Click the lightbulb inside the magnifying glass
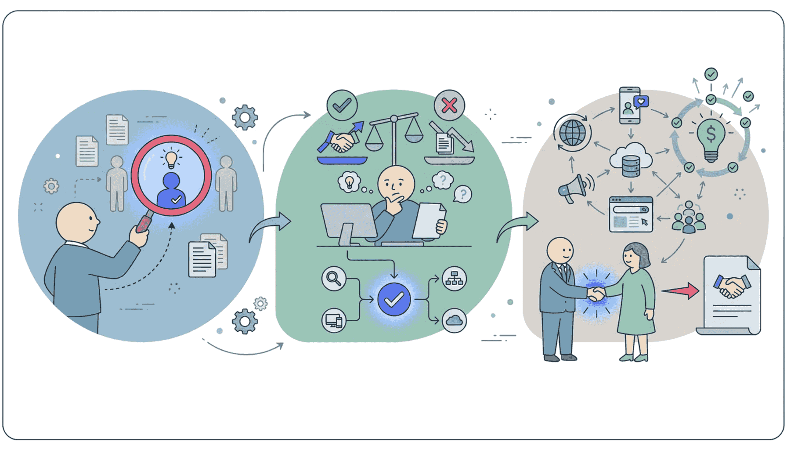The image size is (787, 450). coord(171,159)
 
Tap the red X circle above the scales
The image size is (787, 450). coord(449,105)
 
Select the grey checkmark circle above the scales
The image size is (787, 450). coord(342,105)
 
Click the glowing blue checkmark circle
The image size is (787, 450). coord(394,300)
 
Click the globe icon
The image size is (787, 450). coord(573,133)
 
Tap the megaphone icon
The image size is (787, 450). coord(574,189)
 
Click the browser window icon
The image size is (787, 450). coord(631,214)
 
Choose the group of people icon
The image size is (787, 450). coord(688,217)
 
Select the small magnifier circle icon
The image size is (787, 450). coord(334,279)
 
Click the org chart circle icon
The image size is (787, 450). coord(454,279)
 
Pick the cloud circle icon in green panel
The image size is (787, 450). coord(454,321)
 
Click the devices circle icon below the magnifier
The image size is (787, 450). coord(334,321)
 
